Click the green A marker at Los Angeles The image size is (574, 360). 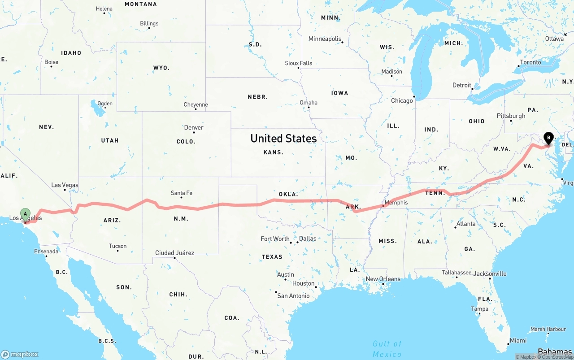click(26, 213)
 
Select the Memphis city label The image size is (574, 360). click(396, 203)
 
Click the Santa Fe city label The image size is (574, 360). click(181, 193)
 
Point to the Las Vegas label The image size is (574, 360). click(65, 185)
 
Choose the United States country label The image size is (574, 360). click(283, 138)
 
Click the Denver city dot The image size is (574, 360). click(194, 133)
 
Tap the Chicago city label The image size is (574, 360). click(402, 101)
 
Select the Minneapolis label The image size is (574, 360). click(325, 39)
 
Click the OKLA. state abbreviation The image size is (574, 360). click(288, 194)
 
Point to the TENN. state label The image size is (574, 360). click(435, 193)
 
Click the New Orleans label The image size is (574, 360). click(383, 279)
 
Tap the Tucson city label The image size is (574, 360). click(117, 246)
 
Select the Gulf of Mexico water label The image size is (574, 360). click(387, 349)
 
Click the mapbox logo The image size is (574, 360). click(20, 354)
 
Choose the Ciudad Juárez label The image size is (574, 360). click(174, 253)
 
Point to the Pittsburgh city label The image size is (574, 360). click(511, 116)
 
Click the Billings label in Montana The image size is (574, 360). click(149, 23)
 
